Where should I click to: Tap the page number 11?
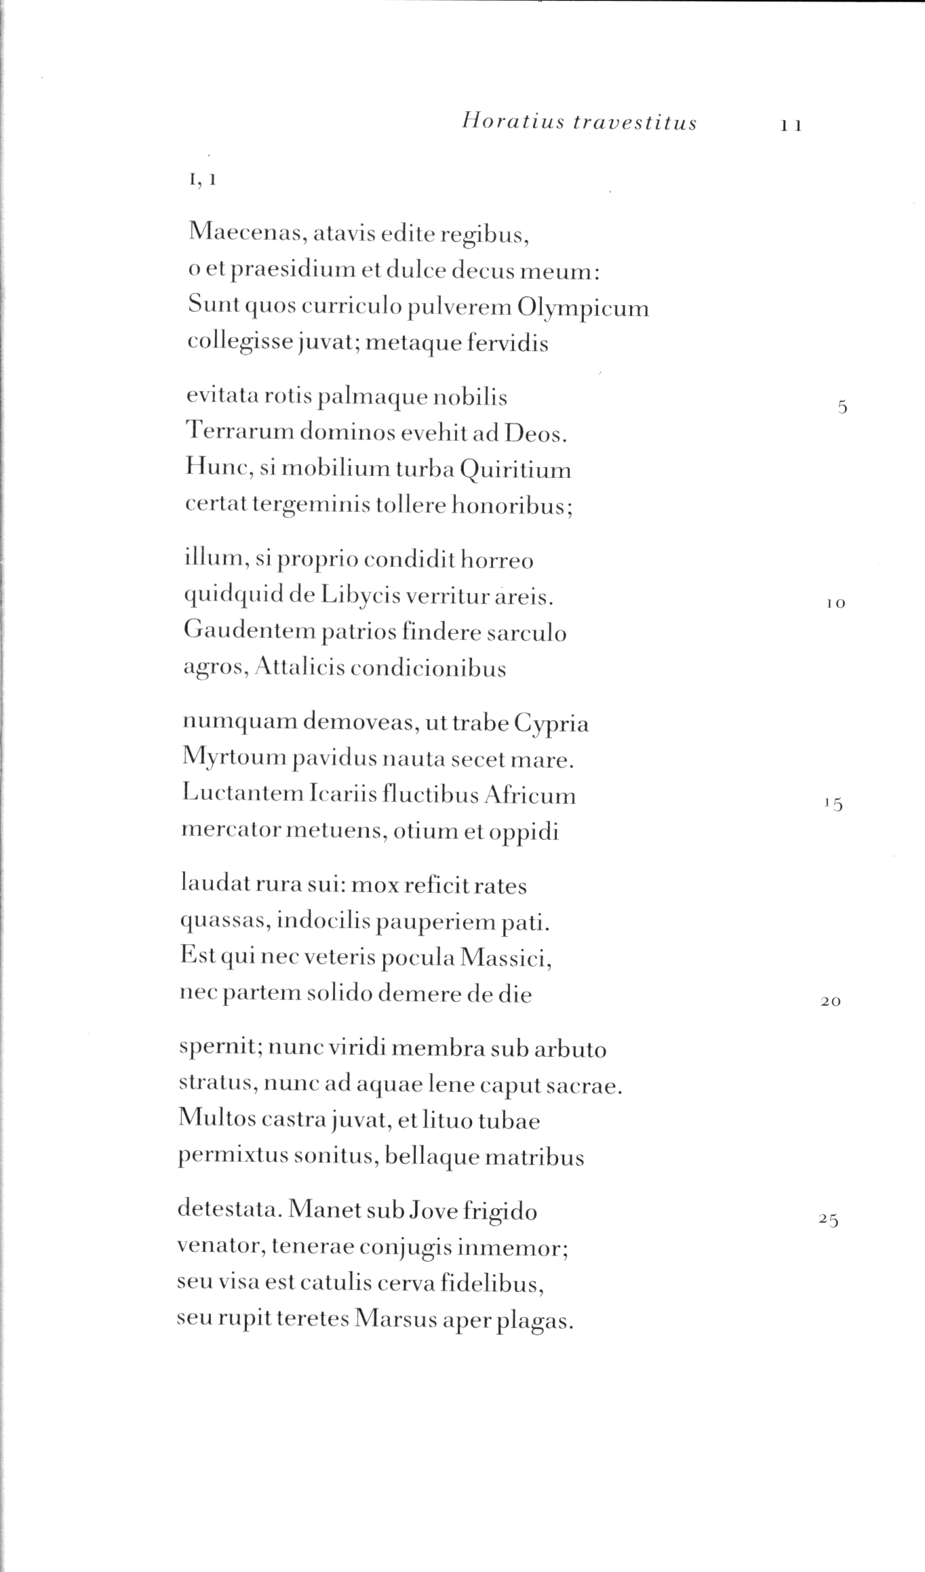click(791, 125)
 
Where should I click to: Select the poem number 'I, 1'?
click(203, 180)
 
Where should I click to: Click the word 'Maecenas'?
click(246, 234)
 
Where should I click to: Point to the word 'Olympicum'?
click(583, 309)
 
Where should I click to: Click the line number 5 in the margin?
click(842, 407)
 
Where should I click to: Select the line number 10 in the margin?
click(836, 603)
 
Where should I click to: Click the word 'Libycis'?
click(363, 596)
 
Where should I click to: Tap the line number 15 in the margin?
click(833, 805)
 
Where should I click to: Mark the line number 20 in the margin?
click(831, 1001)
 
